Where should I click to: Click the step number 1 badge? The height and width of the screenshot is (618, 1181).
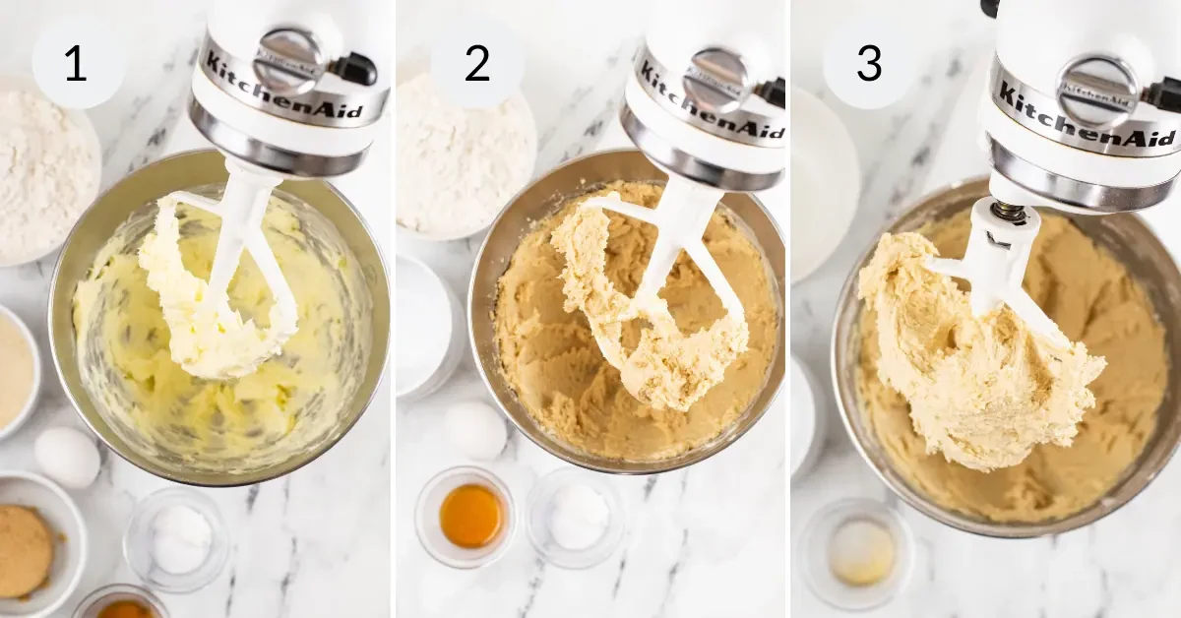(x=77, y=63)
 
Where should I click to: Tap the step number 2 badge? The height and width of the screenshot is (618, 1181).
(x=476, y=63)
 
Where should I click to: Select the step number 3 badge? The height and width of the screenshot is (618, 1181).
(x=869, y=63)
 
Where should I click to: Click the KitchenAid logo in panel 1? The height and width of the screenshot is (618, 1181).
(x=281, y=90)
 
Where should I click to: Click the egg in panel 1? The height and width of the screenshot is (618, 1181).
(x=67, y=457)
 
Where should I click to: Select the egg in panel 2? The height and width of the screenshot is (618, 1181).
(x=475, y=430)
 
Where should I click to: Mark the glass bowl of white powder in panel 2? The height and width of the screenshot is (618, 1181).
(x=578, y=517)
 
